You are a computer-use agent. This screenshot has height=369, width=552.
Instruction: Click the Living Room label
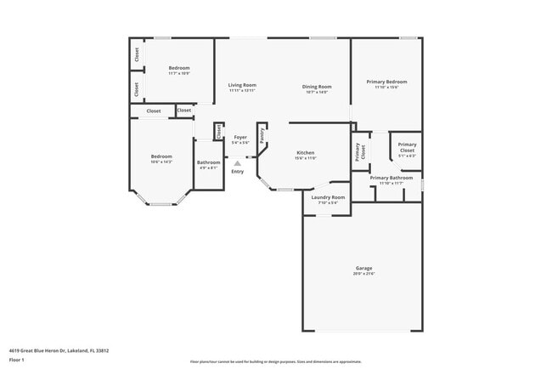tap(242, 85)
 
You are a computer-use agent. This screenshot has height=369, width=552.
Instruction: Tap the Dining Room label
tap(317, 86)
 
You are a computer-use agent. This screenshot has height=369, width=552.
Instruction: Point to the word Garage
tap(363, 268)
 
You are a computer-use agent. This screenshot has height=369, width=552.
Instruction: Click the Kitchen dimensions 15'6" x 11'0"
tap(306, 158)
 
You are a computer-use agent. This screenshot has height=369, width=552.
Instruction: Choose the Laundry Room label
tap(327, 197)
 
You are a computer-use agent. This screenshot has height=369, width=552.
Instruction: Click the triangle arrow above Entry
tap(237, 163)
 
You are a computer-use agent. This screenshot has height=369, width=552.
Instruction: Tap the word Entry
tap(237, 172)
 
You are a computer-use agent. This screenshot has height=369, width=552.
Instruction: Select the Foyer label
tap(240, 137)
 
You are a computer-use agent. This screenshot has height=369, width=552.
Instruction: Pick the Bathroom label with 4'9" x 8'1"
tap(209, 162)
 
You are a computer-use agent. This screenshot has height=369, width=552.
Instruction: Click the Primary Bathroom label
tap(391, 178)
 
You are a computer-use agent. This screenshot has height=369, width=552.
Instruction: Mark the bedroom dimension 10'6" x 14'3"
tap(161, 162)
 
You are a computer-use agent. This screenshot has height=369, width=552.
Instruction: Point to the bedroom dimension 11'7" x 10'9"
tap(178, 73)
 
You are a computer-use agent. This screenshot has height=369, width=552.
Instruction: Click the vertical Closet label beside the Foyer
tap(219, 131)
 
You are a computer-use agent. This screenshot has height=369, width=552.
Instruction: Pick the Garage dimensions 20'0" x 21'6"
tap(363, 274)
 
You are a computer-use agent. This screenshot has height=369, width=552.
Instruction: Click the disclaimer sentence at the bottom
tap(275, 362)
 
